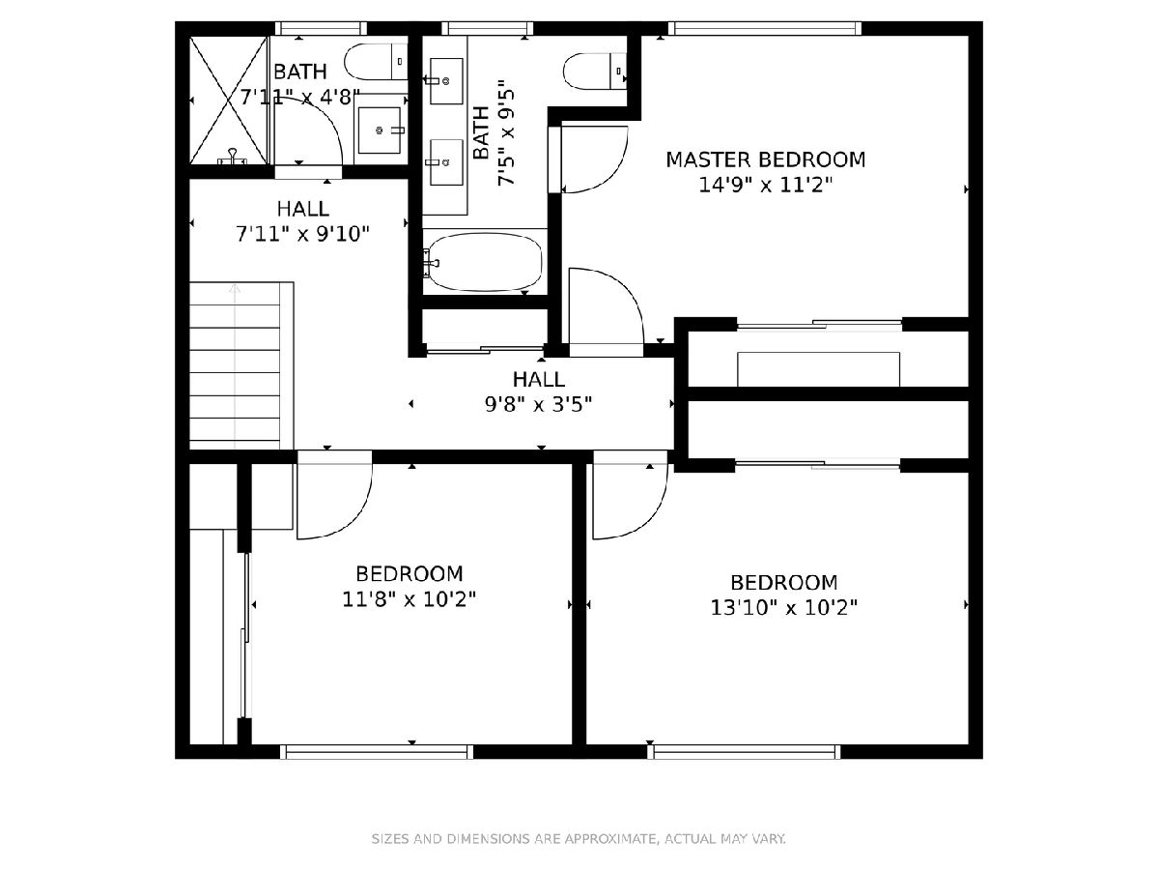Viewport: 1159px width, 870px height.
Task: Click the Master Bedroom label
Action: (x=765, y=159)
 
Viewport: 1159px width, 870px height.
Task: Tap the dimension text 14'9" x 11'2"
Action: (x=765, y=185)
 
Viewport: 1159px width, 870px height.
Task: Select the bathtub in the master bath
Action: (x=485, y=263)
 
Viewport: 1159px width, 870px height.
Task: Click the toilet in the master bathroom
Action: (x=595, y=72)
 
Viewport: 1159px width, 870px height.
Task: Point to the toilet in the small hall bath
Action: (x=376, y=61)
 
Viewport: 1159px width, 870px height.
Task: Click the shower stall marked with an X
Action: (x=229, y=101)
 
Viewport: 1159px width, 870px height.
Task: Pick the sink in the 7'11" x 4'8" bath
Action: (x=380, y=130)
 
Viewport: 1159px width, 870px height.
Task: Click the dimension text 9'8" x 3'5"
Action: (x=538, y=405)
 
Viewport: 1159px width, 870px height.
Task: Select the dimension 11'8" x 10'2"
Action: (x=410, y=599)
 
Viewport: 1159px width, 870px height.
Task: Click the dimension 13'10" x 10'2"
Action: (x=783, y=608)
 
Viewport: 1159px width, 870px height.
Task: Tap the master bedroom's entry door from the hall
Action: (x=607, y=312)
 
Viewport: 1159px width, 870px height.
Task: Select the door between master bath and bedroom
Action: (x=588, y=160)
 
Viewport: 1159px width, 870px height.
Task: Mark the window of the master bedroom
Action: (x=765, y=29)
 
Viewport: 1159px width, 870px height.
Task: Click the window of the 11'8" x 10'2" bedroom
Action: (x=376, y=752)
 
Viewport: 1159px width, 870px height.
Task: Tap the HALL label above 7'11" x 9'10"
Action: (x=303, y=209)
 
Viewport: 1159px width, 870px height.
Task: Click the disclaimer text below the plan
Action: (x=579, y=838)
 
